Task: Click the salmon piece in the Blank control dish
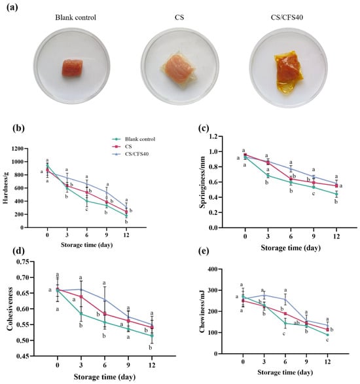(x=72, y=67)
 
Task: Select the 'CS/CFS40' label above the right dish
(x=287, y=18)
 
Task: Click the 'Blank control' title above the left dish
(x=75, y=18)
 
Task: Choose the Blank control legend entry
(x=134, y=139)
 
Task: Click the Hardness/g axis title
(x=5, y=188)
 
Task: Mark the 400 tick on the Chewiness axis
(x=212, y=269)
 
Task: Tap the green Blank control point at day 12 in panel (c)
(x=336, y=194)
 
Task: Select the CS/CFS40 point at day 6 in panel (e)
(x=285, y=299)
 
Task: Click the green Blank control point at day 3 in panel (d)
(x=81, y=314)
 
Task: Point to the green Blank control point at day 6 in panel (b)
(x=87, y=201)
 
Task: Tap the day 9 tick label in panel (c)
(x=314, y=237)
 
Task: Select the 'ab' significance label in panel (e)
(x=297, y=323)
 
